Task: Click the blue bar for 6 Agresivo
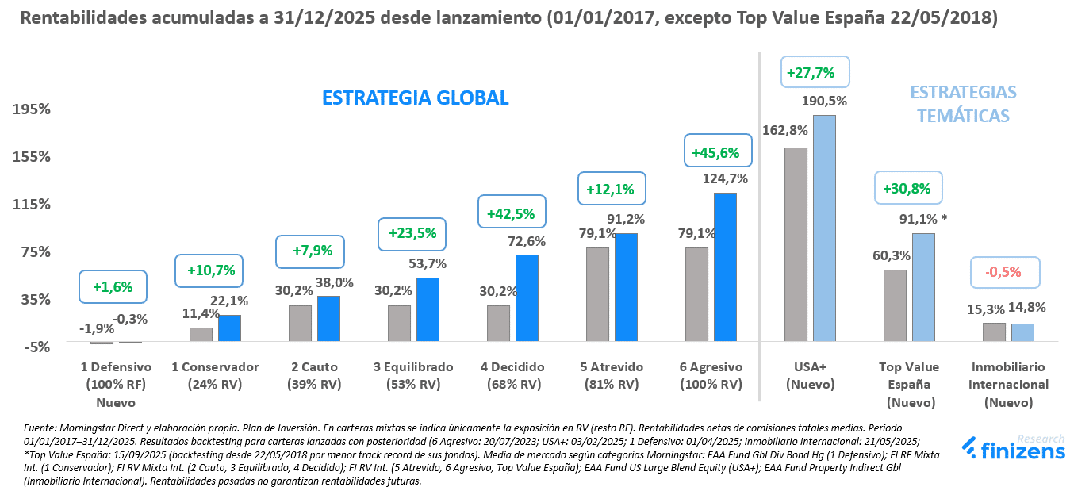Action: [x=725, y=267]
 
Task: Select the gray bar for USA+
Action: [x=796, y=244]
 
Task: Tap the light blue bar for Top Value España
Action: [x=923, y=287]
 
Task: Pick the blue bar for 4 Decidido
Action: [x=527, y=298]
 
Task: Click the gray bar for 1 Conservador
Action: [x=201, y=334]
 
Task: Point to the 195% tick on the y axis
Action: [x=32, y=109]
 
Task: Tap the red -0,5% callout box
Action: [x=1004, y=272]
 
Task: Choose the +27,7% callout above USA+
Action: [x=815, y=72]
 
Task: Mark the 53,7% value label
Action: [x=428, y=263]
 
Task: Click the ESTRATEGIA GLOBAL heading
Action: [x=415, y=98]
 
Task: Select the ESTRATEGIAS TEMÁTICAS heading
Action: [x=963, y=104]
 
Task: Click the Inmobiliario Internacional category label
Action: [x=1008, y=385]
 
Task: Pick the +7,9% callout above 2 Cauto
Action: [x=313, y=251]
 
